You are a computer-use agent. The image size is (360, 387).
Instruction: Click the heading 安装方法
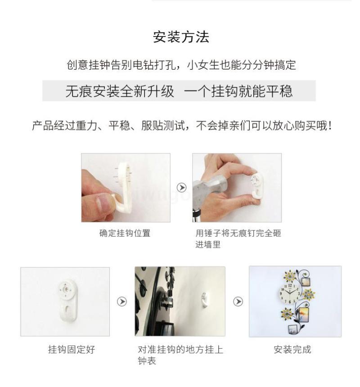click(181, 37)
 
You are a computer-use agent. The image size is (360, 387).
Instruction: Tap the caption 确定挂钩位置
click(125, 233)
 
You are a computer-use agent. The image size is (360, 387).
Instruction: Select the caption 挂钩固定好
click(72, 350)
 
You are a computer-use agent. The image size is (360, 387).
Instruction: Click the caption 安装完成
click(292, 350)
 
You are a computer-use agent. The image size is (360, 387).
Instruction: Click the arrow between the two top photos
click(182, 188)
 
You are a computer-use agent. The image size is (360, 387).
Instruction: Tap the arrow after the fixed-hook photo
click(122, 301)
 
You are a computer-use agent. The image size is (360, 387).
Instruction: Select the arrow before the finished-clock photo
click(238, 301)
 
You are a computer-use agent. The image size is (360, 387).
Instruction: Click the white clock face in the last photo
click(290, 293)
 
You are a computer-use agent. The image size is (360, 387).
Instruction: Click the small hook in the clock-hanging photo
click(205, 299)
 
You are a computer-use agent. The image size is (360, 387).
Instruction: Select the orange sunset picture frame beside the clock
click(304, 315)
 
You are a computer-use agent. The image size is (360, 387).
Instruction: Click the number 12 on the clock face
click(290, 286)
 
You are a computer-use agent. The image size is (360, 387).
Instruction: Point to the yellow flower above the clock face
click(290, 276)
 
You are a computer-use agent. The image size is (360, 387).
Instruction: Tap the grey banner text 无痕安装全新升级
click(120, 91)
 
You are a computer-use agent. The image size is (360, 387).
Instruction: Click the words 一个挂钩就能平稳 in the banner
click(238, 91)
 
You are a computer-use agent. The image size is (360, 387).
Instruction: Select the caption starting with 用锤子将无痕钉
click(238, 238)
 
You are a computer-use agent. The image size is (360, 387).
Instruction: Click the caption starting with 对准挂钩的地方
click(180, 355)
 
